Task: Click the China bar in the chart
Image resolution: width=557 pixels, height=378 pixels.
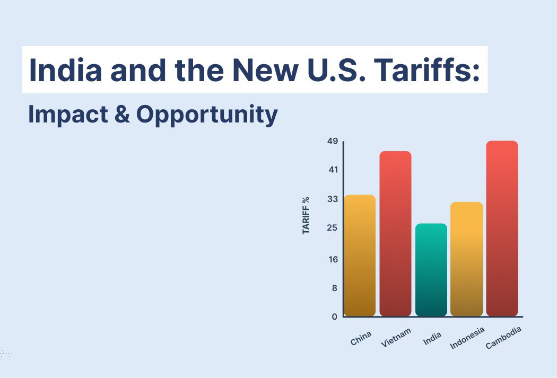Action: [x=360, y=255]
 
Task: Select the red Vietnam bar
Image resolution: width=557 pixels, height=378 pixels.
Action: [x=395, y=234]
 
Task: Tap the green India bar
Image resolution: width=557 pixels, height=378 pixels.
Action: [x=431, y=270]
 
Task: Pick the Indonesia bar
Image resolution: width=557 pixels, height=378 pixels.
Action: [x=467, y=259]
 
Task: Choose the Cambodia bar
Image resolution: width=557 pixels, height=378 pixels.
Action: [x=502, y=228]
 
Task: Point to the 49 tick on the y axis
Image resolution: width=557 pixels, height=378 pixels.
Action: [x=333, y=141]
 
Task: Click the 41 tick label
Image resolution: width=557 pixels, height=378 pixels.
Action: [x=333, y=170]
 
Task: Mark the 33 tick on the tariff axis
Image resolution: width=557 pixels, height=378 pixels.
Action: [x=333, y=199]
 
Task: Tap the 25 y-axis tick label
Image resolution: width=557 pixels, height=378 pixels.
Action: [x=332, y=227]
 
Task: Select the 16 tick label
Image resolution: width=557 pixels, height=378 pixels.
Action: [x=333, y=259]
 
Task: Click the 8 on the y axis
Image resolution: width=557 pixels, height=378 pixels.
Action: [x=335, y=288]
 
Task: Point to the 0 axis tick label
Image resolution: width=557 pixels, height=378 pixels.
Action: [x=335, y=317]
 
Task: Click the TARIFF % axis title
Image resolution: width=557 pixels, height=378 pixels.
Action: [x=306, y=215]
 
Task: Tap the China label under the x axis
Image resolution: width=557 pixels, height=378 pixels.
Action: [x=361, y=338]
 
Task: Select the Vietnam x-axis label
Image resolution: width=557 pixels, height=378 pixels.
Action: [x=396, y=338]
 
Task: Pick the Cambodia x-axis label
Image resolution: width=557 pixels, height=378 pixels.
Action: [x=503, y=338]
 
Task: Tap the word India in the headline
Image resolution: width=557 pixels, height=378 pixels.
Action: [x=65, y=69]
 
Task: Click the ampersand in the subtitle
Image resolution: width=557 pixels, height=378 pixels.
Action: [x=122, y=115]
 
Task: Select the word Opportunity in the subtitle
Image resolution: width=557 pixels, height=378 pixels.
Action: [x=207, y=115]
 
